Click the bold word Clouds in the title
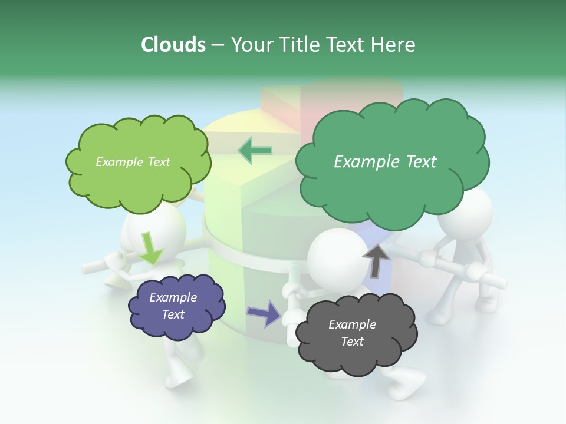click(x=173, y=45)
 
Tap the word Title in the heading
click(x=300, y=45)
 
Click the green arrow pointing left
click(x=255, y=150)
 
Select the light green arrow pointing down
click(x=150, y=249)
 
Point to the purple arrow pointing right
click(x=264, y=313)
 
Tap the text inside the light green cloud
click(x=133, y=162)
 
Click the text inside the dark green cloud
click(x=385, y=162)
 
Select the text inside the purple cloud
click(x=173, y=306)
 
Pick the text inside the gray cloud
click(x=352, y=333)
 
